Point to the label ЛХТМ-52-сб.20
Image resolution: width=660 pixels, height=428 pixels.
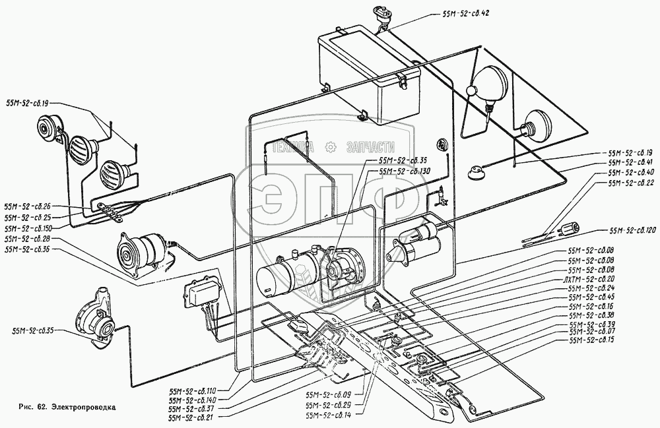589,279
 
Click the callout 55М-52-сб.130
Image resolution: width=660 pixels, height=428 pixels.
403,170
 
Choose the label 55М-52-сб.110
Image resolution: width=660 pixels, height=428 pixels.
193,391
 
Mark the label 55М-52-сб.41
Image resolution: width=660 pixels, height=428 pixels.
630,162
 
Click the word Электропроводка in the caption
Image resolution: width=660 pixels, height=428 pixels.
84,407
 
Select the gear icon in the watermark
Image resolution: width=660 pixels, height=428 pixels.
331,148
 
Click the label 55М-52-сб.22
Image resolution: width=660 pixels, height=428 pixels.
630,183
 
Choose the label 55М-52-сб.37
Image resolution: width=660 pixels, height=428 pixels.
193,409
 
